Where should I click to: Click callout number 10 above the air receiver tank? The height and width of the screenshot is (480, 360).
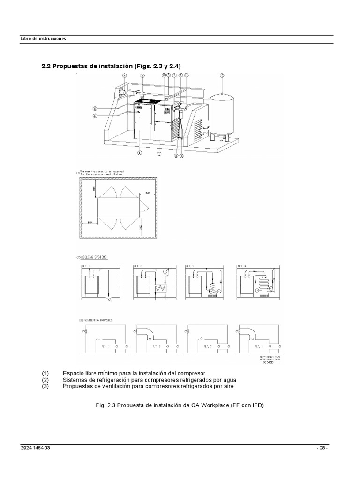[x=222, y=75]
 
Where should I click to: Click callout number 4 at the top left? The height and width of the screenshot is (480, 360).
[x=125, y=75]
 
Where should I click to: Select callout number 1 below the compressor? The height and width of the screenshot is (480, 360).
[x=159, y=153]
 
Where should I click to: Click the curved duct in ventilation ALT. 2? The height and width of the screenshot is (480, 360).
[x=145, y=332]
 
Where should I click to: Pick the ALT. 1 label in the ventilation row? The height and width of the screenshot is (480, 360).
[x=105, y=346]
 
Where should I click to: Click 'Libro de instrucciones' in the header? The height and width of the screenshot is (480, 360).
[x=43, y=38]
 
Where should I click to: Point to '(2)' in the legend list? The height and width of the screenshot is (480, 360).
[x=45, y=379]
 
